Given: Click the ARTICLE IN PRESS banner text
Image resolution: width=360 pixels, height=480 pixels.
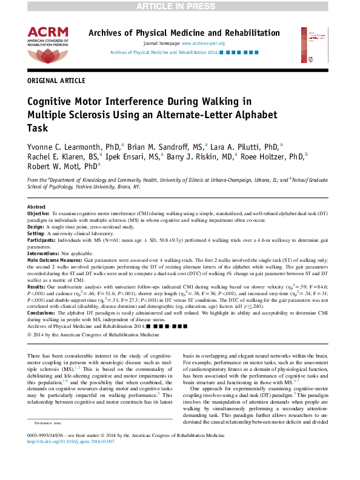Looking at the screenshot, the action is pyautogui.click(x=179, y=6).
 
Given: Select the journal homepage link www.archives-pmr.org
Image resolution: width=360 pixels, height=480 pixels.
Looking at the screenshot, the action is pyautogui.click(x=203, y=44).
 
